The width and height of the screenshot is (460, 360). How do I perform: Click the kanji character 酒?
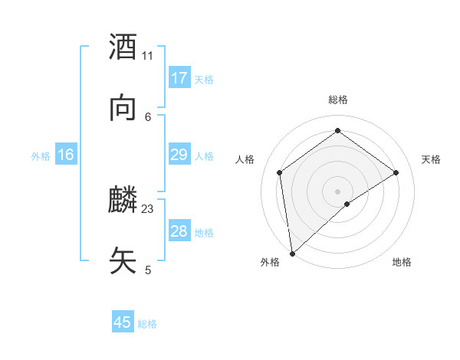[123, 47]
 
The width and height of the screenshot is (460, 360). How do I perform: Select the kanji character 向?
[123, 108]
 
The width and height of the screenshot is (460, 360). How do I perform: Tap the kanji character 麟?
[123, 201]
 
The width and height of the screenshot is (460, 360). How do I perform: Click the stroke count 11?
[147, 55]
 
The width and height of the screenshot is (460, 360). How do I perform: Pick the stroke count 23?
[148, 208]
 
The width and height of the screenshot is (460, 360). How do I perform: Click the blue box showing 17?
[179, 78]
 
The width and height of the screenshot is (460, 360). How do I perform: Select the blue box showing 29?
[179, 155]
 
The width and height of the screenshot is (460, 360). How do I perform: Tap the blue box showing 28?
[179, 231]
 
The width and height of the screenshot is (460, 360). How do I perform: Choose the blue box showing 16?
[66, 155]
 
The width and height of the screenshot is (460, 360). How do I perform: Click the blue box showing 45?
[123, 322]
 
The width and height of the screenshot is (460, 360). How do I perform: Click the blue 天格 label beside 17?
[204, 80]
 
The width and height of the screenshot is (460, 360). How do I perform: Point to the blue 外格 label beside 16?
[41, 156]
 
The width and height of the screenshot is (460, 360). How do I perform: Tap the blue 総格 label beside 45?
[147, 324]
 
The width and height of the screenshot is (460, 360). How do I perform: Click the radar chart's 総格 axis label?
[337, 100]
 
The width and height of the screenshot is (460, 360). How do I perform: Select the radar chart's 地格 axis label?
[402, 262]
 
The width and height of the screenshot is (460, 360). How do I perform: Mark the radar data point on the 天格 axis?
[396, 172]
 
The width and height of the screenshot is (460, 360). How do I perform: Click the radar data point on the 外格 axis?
[292, 253]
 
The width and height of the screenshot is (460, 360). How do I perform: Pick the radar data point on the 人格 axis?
[280, 172]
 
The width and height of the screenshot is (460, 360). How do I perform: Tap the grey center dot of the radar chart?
[337, 191]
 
